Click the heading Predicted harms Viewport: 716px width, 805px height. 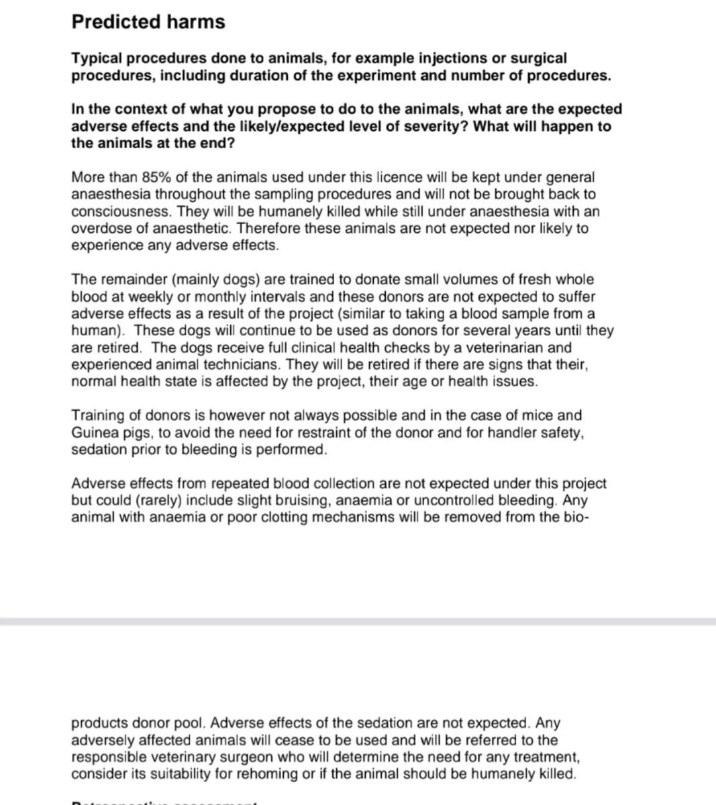148,21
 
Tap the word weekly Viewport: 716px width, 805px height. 146,297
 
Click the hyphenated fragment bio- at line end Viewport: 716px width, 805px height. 577,517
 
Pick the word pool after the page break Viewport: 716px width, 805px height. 192,723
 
